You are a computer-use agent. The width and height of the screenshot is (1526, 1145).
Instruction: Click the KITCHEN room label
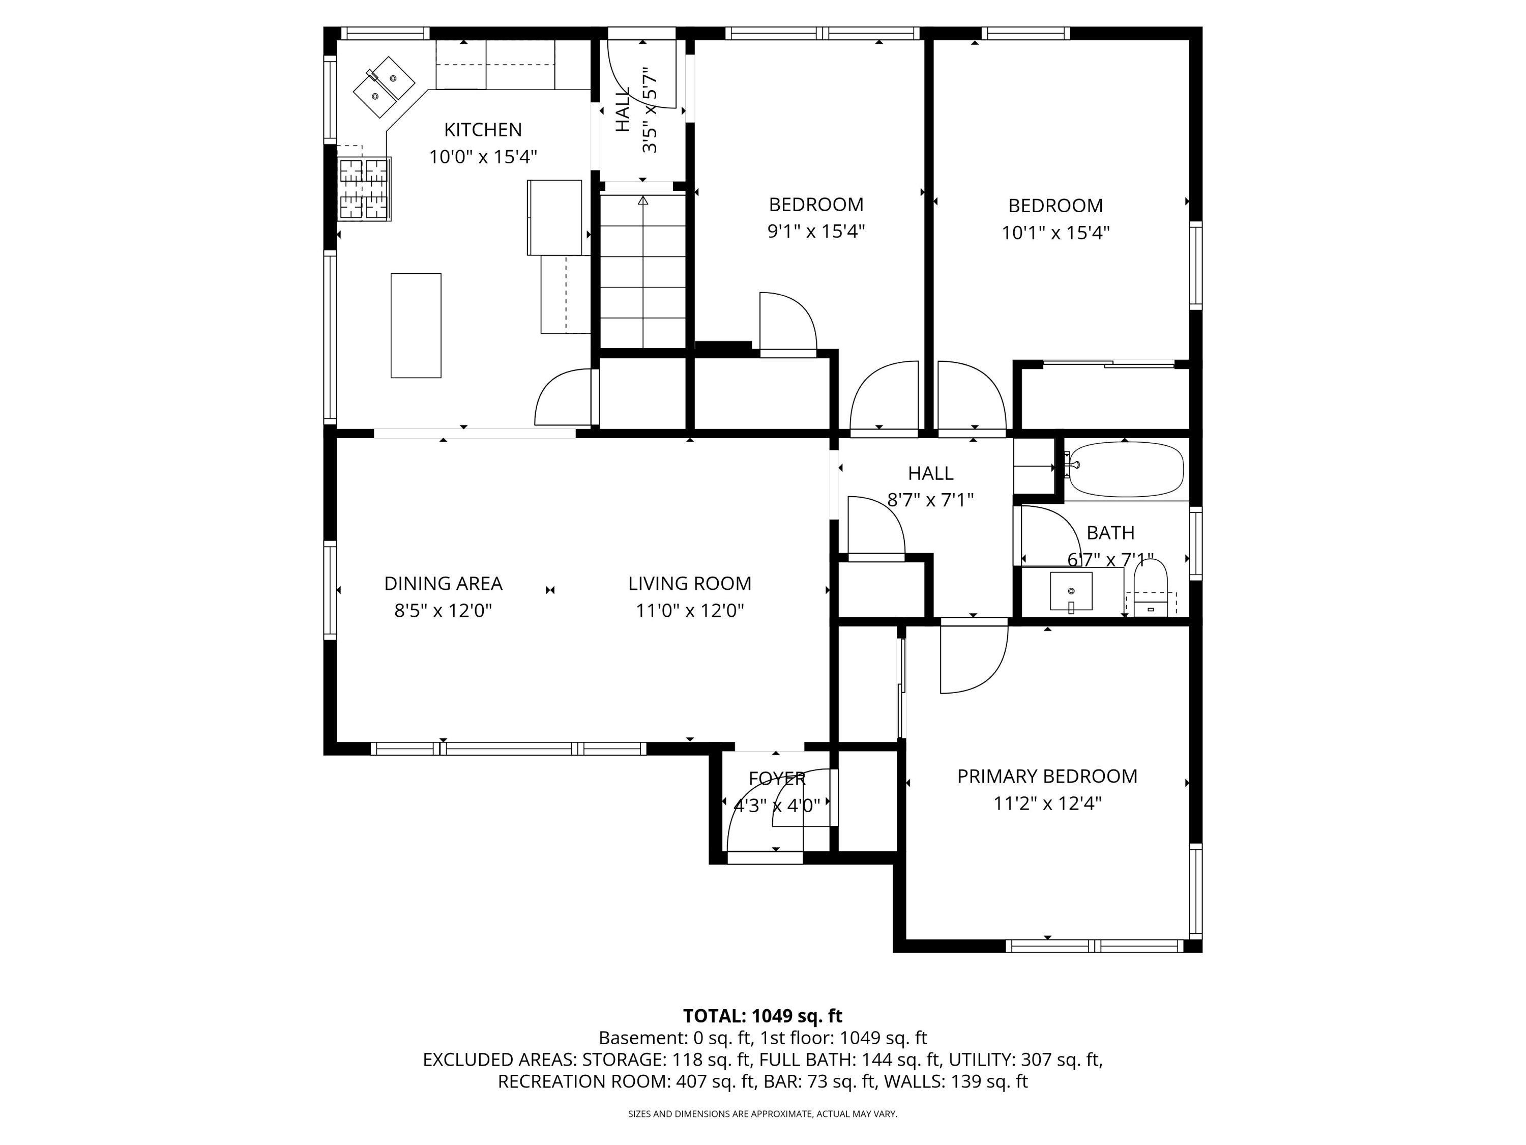coord(483,130)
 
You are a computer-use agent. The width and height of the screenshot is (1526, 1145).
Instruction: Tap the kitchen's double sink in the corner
coord(384,87)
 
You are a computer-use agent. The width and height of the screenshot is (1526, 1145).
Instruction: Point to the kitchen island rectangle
coord(416,326)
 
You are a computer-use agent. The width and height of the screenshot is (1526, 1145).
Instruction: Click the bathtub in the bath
coord(1126,469)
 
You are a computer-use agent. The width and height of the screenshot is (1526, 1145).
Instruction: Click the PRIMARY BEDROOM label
coord(1047,777)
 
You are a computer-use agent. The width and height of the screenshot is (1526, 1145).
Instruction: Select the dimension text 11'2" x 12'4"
coord(1047,804)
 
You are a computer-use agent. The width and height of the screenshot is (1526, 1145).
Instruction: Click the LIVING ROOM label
coord(690,584)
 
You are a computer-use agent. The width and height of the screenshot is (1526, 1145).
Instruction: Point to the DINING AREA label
coord(444,584)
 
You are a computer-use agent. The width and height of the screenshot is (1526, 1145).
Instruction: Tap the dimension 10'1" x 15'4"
coord(1055,233)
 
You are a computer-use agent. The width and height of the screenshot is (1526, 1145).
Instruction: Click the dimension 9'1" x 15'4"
coord(816,231)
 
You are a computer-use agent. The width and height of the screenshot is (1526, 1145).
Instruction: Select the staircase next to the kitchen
coord(643,271)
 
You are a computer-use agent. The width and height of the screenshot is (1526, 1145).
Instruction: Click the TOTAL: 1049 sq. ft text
coord(762,1016)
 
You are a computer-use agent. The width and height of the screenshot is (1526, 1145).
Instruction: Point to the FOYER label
coord(777,779)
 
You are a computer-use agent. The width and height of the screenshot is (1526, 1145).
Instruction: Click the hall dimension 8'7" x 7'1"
coord(931,500)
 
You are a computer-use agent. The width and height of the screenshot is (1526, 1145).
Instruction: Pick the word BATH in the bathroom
coord(1111,533)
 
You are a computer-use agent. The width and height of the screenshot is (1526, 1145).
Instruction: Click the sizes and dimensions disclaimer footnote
coord(762,1114)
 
